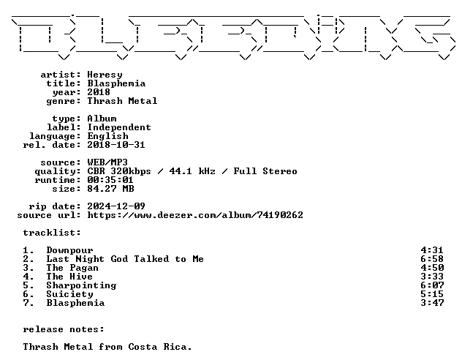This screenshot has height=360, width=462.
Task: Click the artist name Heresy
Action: click(105, 75)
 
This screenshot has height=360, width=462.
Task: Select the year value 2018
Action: click(99, 92)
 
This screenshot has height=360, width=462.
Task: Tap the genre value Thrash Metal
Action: click(122, 101)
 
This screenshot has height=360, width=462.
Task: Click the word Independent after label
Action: click(119, 127)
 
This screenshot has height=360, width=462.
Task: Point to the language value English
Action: click(108, 136)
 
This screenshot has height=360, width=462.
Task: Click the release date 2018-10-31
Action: click(116, 145)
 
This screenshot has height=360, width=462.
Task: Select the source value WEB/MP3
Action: click(107, 162)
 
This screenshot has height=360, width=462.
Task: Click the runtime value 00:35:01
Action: click(110, 180)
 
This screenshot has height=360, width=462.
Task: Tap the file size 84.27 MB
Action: click(110, 189)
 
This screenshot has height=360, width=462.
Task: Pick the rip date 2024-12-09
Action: click(116, 206)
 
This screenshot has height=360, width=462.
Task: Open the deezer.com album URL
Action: click(195, 215)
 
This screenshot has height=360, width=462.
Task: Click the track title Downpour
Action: click(70, 251)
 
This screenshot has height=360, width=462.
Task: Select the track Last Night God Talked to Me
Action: click(125, 259)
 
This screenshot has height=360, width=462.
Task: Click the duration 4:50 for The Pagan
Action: click(432, 268)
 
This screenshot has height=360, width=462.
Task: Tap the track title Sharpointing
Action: click(81, 285)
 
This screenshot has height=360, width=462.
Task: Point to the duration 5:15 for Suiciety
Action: click(432, 294)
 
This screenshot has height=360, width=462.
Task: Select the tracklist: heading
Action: click(52, 233)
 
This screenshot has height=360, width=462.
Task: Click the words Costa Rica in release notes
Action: click(160, 347)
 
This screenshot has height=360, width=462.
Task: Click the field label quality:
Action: click(58, 172)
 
